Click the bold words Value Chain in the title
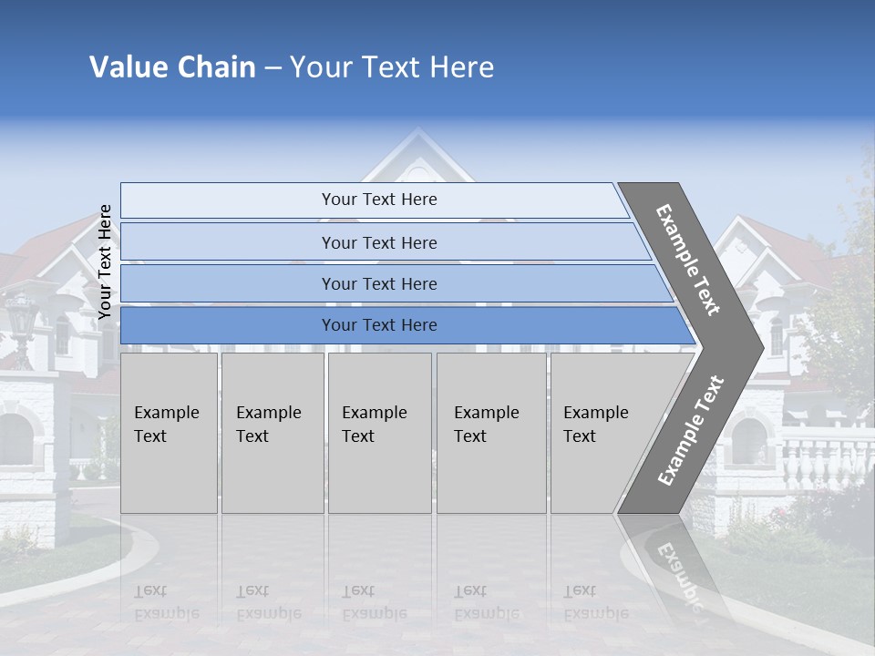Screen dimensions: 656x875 tap(172, 67)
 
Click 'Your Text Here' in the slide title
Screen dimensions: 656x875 tap(392, 67)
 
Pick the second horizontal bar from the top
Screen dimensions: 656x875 tap(378, 242)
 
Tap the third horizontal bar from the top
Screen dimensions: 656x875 tap(378, 284)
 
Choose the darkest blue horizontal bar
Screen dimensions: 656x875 tap(378, 325)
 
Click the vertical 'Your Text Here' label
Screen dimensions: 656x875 tap(105, 261)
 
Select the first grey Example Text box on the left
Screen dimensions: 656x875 tap(169, 433)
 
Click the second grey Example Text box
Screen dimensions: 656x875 tap(272, 433)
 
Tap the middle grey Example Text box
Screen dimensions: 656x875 tap(379, 433)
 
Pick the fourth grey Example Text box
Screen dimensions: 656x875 tap(490, 433)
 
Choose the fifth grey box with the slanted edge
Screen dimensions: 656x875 tap(602, 433)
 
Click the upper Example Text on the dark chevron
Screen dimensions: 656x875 tap(689, 260)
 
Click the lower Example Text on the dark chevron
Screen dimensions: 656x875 tap(691, 430)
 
